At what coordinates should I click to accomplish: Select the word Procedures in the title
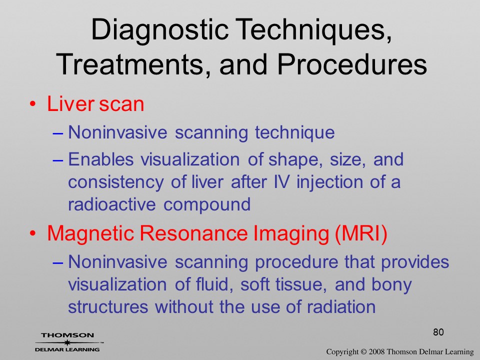click(352, 64)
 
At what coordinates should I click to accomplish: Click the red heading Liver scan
click(95, 104)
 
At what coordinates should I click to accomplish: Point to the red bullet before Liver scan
click(33, 104)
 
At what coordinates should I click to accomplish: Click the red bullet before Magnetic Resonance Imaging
click(33, 233)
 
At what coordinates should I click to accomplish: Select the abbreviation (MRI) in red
click(361, 234)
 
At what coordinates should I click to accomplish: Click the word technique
click(295, 132)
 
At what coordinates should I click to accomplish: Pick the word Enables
click(100, 159)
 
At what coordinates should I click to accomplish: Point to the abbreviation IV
click(281, 182)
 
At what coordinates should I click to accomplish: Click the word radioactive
click(111, 204)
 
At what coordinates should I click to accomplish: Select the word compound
click(207, 205)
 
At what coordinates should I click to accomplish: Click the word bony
click(391, 285)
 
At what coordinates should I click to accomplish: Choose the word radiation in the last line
click(341, 306)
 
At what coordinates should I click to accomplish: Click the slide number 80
click(438, 332)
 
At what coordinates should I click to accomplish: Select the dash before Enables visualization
click(58, 160)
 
